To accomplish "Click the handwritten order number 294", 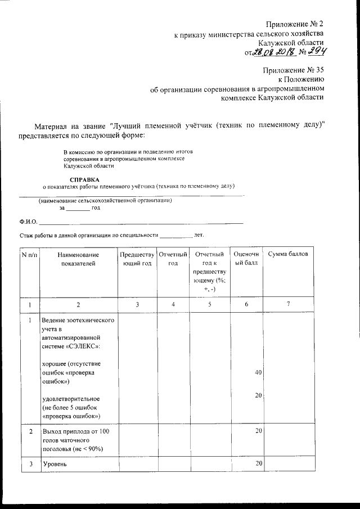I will pyautogui.click(x=314, y=52).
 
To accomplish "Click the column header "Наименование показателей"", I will pyautogui.click(x=78, y=259).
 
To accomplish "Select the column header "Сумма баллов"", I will pyautogui.click(x=288, y=254).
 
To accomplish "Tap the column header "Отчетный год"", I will pyautogui.click(x=173, y=259).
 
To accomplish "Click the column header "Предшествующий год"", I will pyautogui.click(x=137, y=259).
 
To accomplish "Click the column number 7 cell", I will pyautogui.click(x=288, y=304).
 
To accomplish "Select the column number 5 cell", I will pyautogui.click(x=209, y=304).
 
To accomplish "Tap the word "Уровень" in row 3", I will pyautogui.click(x=55, y=464).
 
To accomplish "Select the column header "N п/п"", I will pyautogui.click(x=29, y=255).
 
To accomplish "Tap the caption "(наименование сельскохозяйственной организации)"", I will pyautogui.click(x=105, y=200).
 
